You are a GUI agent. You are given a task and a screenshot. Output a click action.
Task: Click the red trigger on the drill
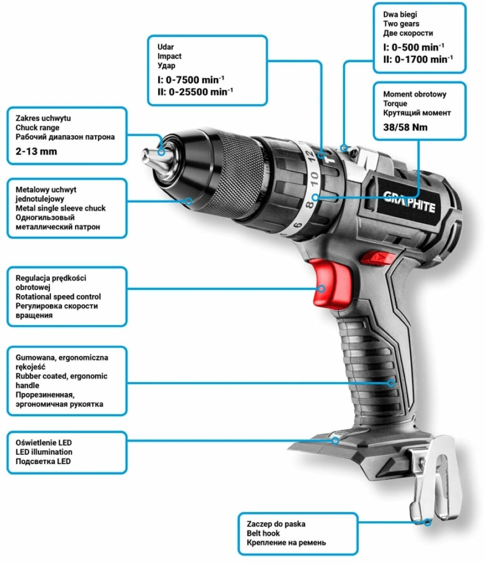tap(330, 284)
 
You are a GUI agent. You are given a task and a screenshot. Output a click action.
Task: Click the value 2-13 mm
tap(36, 151)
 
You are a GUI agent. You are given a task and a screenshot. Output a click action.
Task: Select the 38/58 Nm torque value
tap(405, 127)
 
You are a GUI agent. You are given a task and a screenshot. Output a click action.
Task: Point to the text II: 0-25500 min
tap(195, 92)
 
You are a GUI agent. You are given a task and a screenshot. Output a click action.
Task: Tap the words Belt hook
tap(263, 533)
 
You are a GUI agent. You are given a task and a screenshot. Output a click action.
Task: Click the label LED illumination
tap(44, 452)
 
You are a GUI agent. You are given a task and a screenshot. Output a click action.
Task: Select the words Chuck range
tap(37, 128)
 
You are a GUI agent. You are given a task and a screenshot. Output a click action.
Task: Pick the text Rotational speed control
tap(58, 297)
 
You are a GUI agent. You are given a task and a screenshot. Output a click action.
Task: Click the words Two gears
tap(401, 24)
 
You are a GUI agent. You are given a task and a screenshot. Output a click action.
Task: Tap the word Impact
tap(169, 56)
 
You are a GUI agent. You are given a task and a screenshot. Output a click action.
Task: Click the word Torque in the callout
tap(395, 104)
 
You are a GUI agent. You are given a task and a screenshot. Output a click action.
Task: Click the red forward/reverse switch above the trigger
tap(377, 257)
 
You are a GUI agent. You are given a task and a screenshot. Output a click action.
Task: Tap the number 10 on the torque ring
tap(313, 179)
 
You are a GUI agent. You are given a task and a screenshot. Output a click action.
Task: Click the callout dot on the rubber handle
tap(391, 383)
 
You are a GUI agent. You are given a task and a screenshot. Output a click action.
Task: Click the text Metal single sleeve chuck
tap(60, 208)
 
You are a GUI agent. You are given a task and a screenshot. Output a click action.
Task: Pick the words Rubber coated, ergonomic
tap(61, 376)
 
